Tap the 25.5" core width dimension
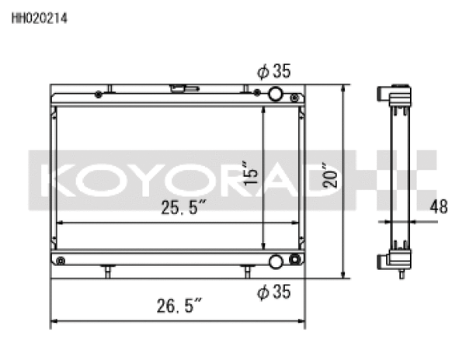pos(183,207)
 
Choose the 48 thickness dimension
pos(440,207)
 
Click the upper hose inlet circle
pos(275,95)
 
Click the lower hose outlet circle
pos(275,261)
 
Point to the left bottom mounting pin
pos(107,271)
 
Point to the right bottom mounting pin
pos(247,271)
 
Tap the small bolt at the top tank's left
pos(98,95)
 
